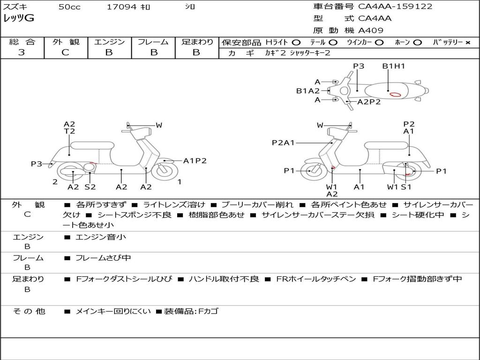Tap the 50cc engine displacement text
pos(69,7)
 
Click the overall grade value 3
pos(22,52)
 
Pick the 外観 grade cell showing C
pos(65,52)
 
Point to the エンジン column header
pos(109,42)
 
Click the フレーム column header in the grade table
pos(153,42)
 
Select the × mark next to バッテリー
pos(468,43)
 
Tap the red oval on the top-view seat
pos(395,94)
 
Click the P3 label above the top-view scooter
pos(359,66)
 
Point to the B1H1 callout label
pos(393,66)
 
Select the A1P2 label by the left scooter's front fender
pos(195,161)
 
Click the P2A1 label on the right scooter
pos(283,143)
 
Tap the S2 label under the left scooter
pos(90,187)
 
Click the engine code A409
pos(371,30)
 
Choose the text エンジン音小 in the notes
pos(101,237)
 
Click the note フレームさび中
pos(103,258)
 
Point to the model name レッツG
pos(19,19)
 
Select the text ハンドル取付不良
pos(224,279)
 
